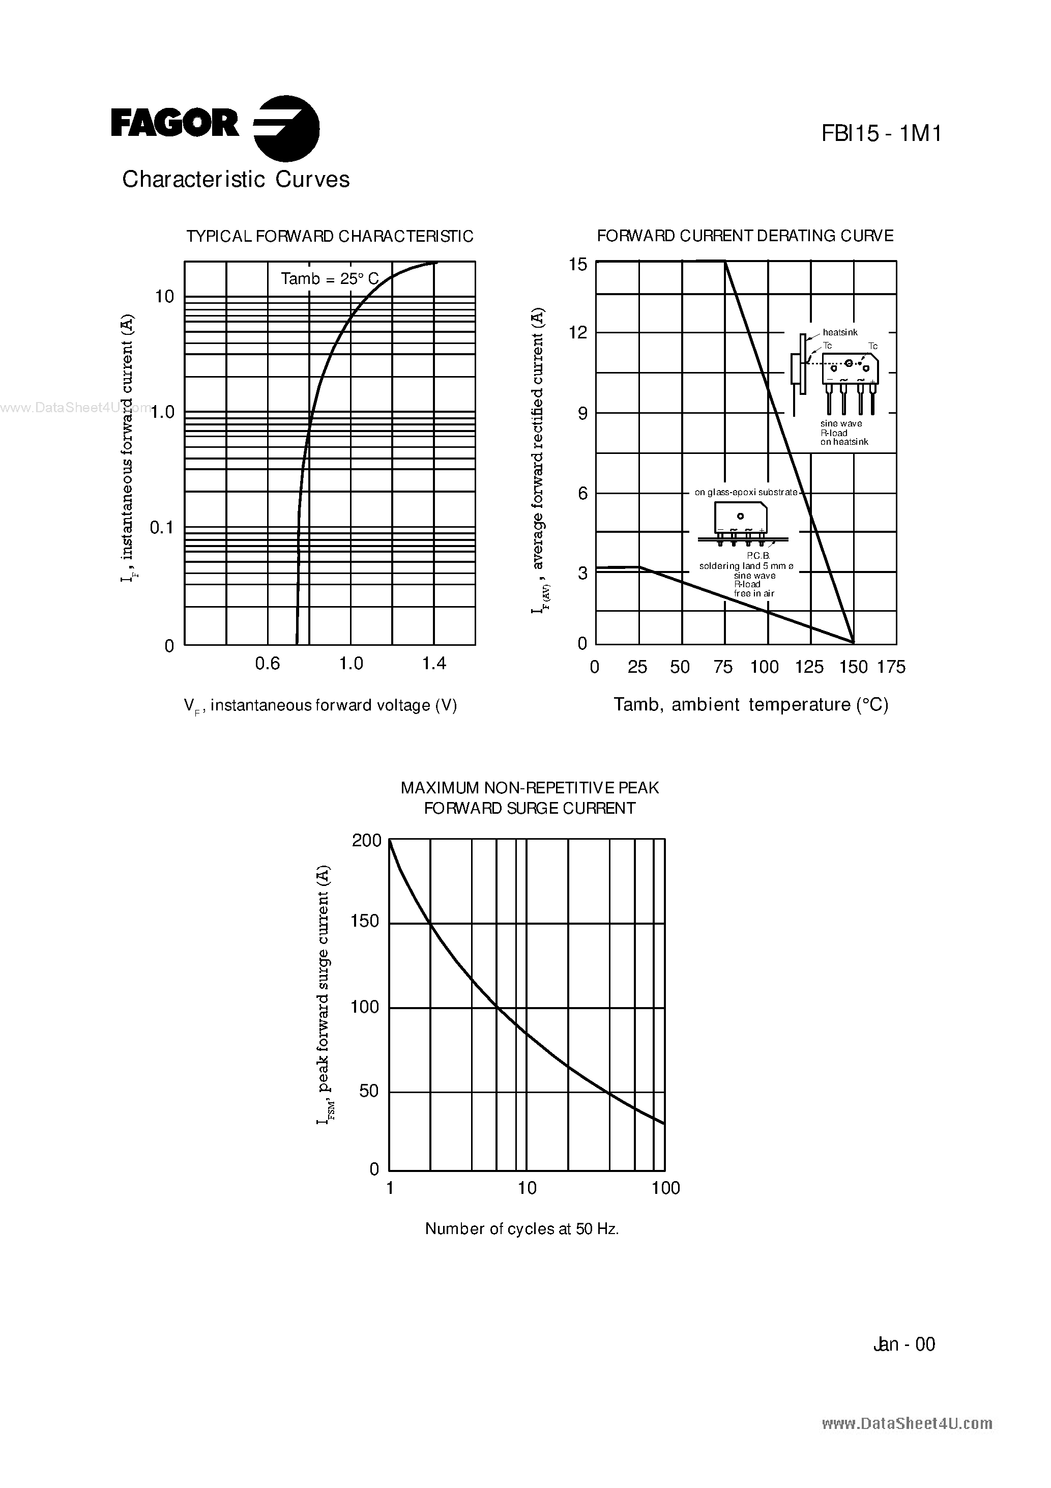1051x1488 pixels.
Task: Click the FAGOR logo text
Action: click(x=175, y=124)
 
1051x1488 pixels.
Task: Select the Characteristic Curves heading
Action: click(x=236, y=180)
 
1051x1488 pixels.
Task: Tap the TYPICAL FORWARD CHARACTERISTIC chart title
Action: click(x=330, y=237)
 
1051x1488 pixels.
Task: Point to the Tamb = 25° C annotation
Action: click(x=329, y=279)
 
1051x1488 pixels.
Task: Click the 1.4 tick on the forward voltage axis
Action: click(x=434, y=664)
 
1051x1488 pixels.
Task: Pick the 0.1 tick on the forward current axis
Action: click(x=162, y=528)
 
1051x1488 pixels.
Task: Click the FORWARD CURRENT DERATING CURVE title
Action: click(x=745, y=236)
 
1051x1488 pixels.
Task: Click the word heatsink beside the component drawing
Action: click(x=840, y=332)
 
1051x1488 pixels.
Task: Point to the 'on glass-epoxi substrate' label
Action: click(x=746, y=493)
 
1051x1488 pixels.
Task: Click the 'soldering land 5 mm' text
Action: click(x=746, y=566)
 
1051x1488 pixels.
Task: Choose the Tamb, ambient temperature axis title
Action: click(x=750, y=705)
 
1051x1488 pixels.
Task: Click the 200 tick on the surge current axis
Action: click(x=367, y=841)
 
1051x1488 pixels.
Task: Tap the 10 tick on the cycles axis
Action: click(x=527, y=1188)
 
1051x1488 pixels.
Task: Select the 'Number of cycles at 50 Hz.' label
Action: click(x=521, y=1229)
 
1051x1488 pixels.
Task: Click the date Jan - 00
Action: click(x=904, y=1344)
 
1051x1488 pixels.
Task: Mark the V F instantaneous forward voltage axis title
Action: click(x=320, y=706)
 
